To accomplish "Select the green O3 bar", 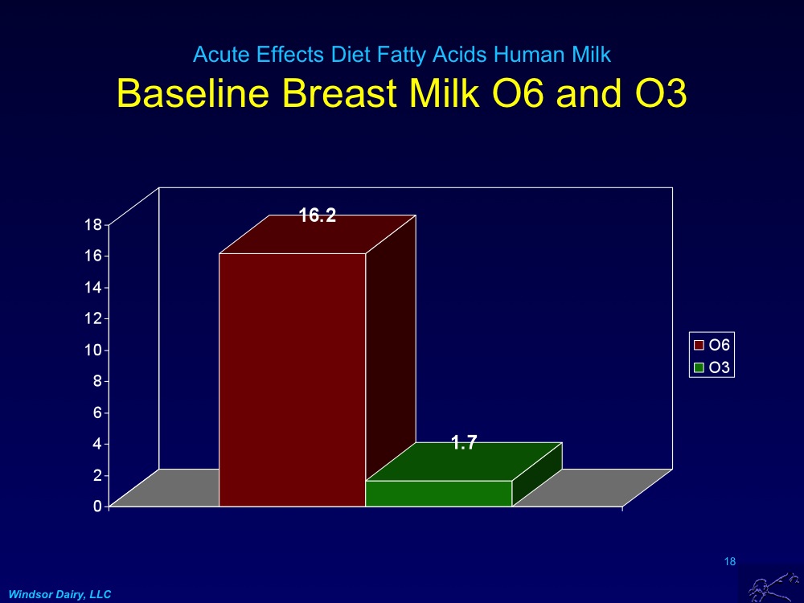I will (438, 492).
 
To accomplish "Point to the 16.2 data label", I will (318, 216).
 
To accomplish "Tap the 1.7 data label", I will (465, 442).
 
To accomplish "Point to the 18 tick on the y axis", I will (94, 225).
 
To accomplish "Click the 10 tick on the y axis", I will (94, 351).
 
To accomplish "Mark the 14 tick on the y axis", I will (94, 288).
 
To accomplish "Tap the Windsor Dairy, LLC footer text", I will (59, 594).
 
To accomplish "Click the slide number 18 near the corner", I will (730, 561).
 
